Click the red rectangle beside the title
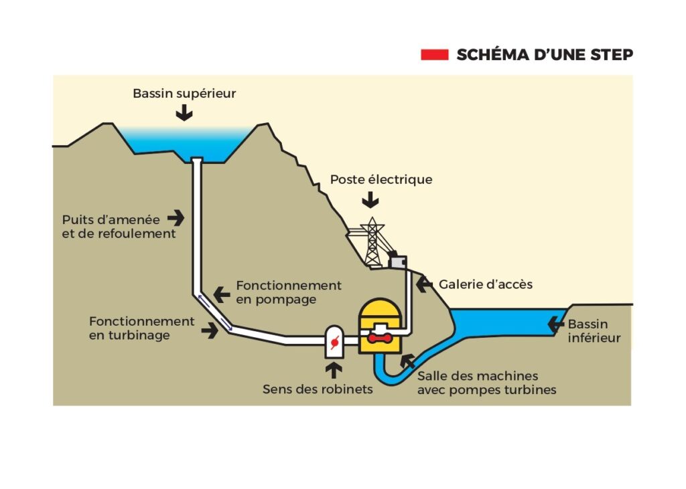[x=434, y=55]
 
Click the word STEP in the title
[x=611, y=55]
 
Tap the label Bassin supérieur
[x=184, y=94]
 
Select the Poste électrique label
[x=381, y=179]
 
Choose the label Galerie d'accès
[x=486, y=284]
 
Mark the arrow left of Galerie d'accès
[x=424, y=284]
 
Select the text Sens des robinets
[x=318, y=389]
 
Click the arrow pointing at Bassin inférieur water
[x=555, y=324]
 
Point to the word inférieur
[x=594, y=338]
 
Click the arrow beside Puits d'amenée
[x=176, y=217]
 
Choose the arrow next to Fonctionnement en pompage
[x=222, y=293]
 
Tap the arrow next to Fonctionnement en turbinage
[x=210, y=329]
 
